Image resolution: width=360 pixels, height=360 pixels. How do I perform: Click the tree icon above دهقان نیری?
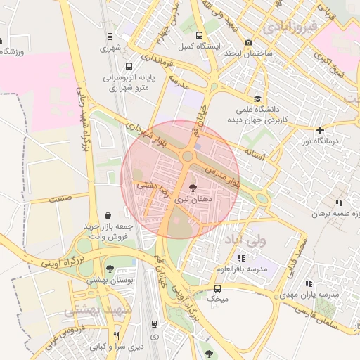193,188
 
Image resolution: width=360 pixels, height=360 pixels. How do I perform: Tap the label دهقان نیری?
193,200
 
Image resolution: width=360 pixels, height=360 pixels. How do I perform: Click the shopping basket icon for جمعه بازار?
107,215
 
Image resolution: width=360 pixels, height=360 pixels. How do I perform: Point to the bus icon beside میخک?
217,288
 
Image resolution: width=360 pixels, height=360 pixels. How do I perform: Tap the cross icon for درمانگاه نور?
320,130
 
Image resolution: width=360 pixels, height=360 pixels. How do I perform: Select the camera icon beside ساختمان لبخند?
248,44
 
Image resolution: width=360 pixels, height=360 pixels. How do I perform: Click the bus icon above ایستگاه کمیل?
200,35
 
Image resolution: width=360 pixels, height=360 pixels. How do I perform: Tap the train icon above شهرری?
109,37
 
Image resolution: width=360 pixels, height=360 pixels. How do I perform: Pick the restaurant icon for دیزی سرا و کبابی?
117,335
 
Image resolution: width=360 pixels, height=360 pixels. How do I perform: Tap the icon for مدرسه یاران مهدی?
308,283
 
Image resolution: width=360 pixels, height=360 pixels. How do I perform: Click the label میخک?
217,300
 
